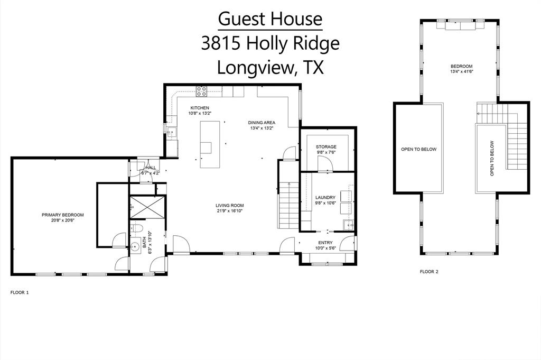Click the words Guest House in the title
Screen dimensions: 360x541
(270, 19)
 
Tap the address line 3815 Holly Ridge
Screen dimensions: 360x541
(270, 43)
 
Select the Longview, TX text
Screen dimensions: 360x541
(270, 68)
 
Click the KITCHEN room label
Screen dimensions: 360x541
(200, 108)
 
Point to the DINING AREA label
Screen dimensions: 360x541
(262, 123)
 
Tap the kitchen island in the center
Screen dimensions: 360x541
(209, 144)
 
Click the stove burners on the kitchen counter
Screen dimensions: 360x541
(202, 91)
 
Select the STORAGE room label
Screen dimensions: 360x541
(326, 147)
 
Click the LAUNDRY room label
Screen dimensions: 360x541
(325, 198)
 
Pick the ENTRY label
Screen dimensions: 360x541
(325, 243)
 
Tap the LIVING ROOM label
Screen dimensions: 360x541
(229, 206)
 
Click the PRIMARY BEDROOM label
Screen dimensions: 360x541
(63, 215)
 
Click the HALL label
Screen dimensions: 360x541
(150, 168)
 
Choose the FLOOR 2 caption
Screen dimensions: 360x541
(429, 272)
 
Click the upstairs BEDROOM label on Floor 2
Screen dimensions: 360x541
(461, 66)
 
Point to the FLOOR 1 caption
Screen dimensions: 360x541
(20, 292)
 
